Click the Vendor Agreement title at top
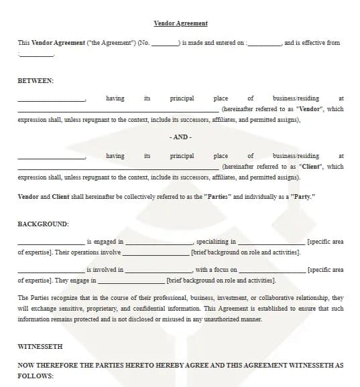[x=180, y=23]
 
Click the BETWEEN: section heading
[x=36, y=80]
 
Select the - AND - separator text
[x=180, y=137]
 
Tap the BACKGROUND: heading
[x=43, y=224]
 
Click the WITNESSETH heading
[x=40, y=346]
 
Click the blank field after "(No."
[x=164, y=44]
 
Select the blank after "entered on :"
[x=264, y=44]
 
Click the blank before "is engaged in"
[x=51, y=242]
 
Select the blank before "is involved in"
[x=51, y=270]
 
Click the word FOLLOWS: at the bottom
[x=36, y=376]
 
